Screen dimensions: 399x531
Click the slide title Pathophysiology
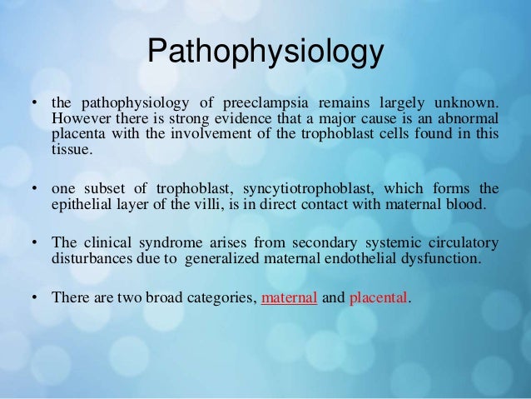265,54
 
